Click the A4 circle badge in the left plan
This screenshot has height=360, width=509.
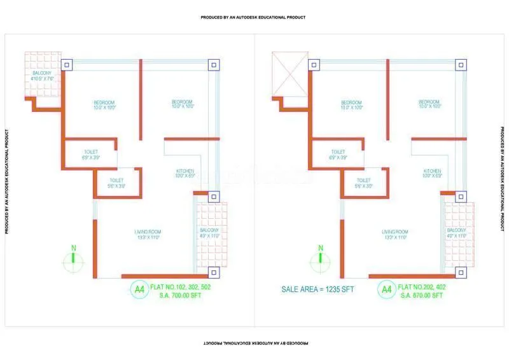(x=139, y=289)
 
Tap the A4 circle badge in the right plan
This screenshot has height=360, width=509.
(x=386, y=289)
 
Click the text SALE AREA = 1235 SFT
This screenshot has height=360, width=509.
(x=317, y=289)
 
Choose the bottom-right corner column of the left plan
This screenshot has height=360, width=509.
(x=213, y=272)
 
